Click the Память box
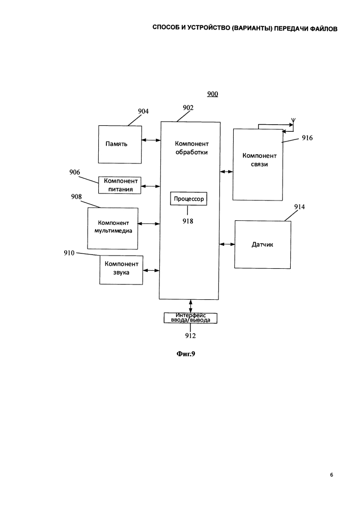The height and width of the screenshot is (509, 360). (x=120, y=145)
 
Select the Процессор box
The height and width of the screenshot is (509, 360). (x=188, y=199)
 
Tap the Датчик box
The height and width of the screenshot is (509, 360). (x=262, y=244)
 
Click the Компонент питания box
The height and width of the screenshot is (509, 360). (x=120, y=185)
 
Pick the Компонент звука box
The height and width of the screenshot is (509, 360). (x=121, y=270)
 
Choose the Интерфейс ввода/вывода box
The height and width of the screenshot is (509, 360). (x=190, y=318)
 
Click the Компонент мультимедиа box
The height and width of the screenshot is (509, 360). (x=113, y=229)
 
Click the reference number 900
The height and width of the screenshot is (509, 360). (x=213, y=94)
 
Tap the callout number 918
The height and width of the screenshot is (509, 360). (x=187, y=221)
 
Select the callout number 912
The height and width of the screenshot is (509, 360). (x=190, y=335)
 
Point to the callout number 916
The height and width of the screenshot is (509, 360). (x=307, y=138)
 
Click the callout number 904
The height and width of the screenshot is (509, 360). (x=143, y=111)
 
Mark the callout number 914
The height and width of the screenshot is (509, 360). (x=299, y=207)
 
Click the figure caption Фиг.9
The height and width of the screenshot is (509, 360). (x=186, y=354)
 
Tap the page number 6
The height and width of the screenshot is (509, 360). (x=331, y=474)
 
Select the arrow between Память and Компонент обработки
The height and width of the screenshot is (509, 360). (x=151, y=140)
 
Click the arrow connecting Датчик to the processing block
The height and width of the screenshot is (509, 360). (x=227, y=244)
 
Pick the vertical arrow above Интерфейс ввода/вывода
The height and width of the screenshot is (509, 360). (x=190, y=306)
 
